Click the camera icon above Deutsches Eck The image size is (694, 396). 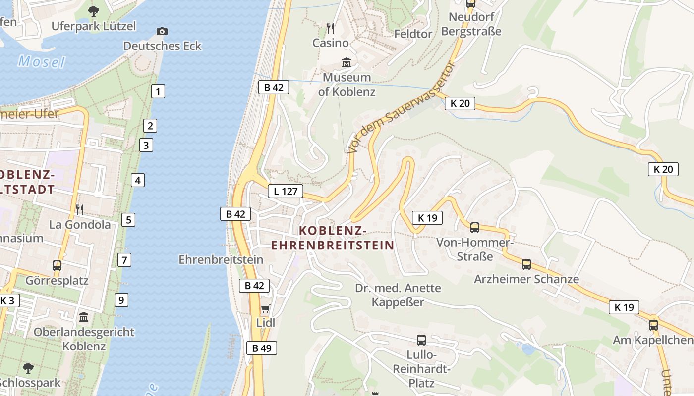162,31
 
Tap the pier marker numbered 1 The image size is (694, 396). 158,91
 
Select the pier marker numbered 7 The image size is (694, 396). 124,259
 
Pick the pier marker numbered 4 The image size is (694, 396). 138,180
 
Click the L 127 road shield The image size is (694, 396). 286,191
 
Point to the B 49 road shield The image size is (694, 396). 262,348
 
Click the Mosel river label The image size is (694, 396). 42,62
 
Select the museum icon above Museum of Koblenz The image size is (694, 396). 347,63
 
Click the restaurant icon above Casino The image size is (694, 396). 331,28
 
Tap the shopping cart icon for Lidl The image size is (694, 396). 265,309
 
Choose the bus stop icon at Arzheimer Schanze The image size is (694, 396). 526,264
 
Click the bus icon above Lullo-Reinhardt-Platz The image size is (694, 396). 421,340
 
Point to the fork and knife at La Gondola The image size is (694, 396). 80,210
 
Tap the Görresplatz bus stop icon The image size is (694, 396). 57,266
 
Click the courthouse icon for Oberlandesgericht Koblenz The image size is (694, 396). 84,317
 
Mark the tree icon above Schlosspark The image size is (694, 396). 28,368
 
